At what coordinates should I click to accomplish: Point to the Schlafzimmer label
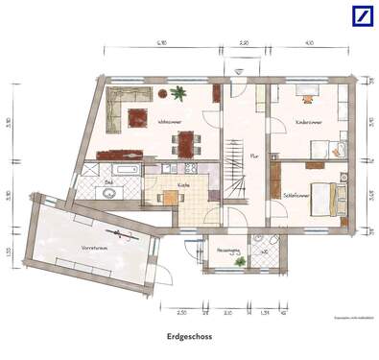[298, 193]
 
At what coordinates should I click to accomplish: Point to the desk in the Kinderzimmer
[307, 93]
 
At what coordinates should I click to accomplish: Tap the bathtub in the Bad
[124, 170]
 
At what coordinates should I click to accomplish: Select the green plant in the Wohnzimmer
[178, 93]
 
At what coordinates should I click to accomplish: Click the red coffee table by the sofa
[137, 117]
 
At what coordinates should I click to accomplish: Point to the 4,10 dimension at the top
[309, 43]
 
